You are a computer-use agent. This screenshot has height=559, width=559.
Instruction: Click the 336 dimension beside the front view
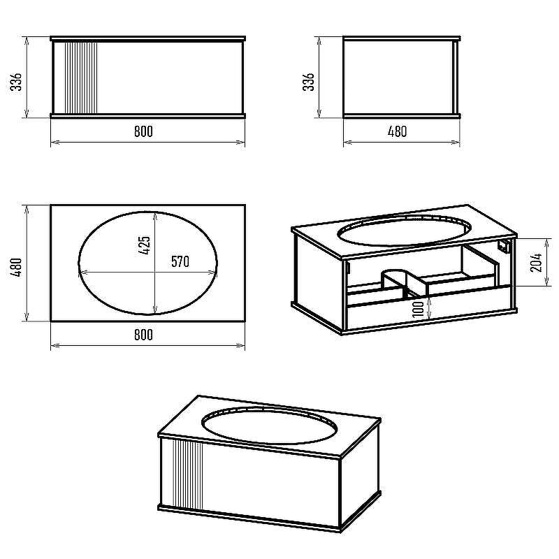16,82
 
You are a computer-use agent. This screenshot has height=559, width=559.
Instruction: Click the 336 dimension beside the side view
309,82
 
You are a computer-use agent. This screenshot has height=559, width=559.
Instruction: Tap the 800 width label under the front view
143,131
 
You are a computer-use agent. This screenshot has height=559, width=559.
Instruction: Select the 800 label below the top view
143,335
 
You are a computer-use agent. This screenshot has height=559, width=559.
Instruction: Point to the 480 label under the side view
397,131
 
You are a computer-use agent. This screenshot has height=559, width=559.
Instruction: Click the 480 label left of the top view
16,267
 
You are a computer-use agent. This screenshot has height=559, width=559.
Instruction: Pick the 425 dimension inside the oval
145,245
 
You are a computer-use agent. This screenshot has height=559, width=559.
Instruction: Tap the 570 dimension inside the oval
180,261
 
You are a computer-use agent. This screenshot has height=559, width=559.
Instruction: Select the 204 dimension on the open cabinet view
536,263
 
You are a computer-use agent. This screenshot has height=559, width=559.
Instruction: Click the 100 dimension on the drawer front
418,307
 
